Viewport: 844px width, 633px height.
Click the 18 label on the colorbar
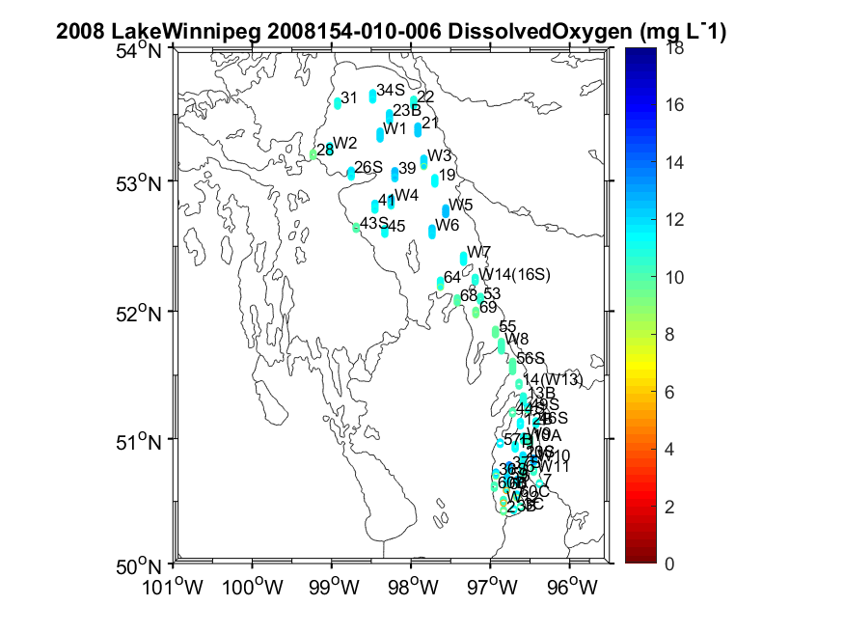click(x=675, y=51)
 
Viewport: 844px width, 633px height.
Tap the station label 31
click(x=349, y=97)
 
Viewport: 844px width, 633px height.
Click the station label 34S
click(x=391, y=90)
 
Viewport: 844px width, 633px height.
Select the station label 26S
click(x=368, y=167)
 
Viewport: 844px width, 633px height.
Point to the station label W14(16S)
click(x=515, y=275)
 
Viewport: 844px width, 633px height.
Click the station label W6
click(x=447, y=225)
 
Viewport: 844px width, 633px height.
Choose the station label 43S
click(x=373, y=223)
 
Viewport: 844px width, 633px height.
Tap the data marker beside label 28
click(x=313, y=153)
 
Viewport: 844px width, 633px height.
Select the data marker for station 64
click(x=441, y=283)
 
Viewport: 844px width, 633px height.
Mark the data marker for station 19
click(x=435, y=180)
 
